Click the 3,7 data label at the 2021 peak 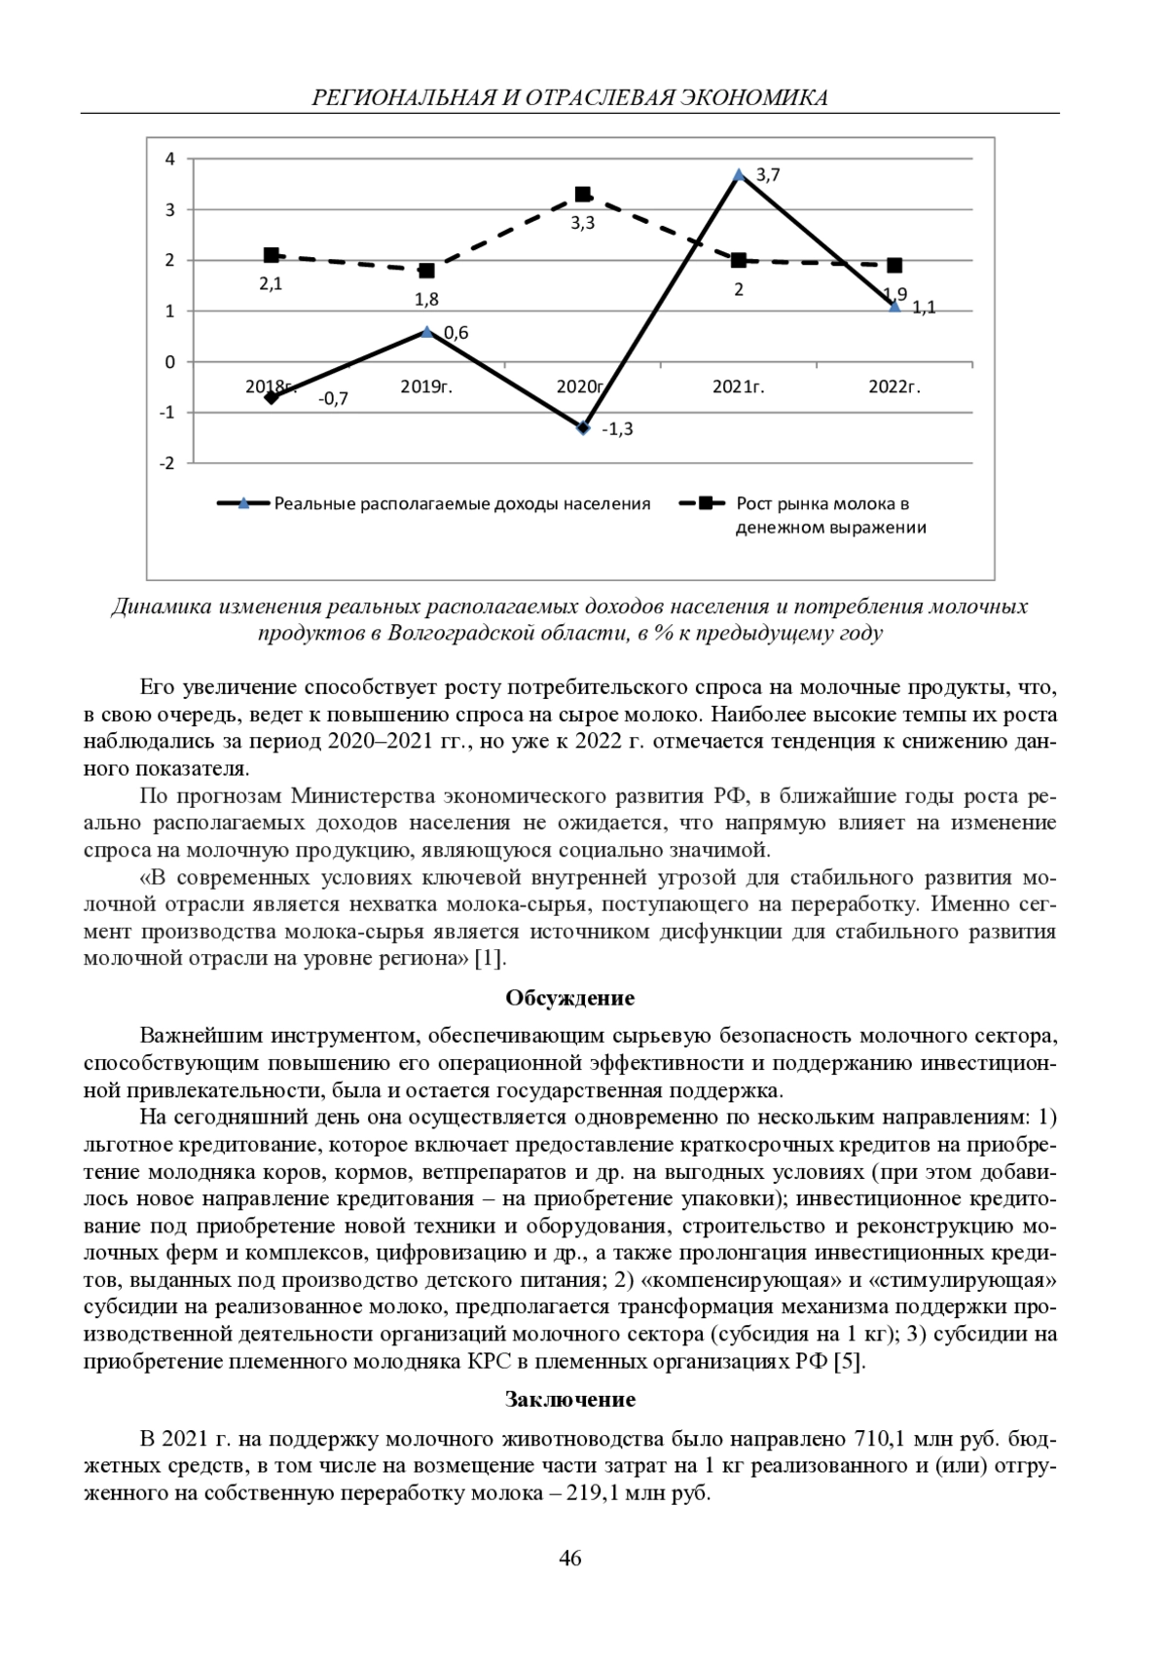[x=768, y=175]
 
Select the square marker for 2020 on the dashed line [x=583, y=195]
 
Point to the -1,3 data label [x=617, y=429]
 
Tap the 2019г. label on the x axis [x=427, y=386]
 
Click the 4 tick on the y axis [x=170, y=159]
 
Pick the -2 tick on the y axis [x=167, y=462]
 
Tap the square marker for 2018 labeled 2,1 [x=272, y=255]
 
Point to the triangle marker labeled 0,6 [x=427, y=332]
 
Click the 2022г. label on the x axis [x=894, y=386]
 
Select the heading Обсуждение [x=570, y=998]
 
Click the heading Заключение [x=570, y=1400]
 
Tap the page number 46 [x=570, y=1559]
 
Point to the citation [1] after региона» [x=489, y=958]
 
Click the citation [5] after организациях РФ [x=849, y=1361]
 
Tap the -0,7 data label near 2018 [x=333, y=399]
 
